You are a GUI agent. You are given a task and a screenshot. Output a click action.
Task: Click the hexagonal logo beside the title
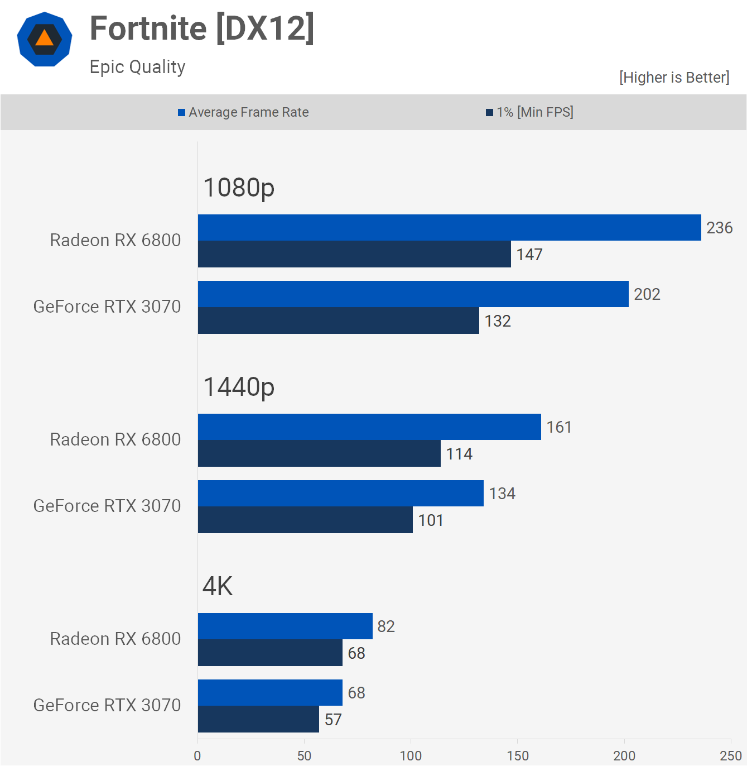coord(45,39)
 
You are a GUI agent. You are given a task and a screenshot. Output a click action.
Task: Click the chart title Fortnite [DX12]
coord(202,28)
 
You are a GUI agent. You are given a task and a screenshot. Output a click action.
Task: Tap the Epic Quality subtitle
coord(137,67)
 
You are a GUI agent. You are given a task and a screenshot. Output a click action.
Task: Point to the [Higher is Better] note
coord(674,77)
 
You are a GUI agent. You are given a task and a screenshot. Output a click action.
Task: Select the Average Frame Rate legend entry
coord(243,112)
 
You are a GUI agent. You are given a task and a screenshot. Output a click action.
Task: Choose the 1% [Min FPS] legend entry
coord(529,112)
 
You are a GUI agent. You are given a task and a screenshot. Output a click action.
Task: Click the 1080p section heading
coord(239,188)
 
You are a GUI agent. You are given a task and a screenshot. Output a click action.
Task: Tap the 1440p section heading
coord(239,387)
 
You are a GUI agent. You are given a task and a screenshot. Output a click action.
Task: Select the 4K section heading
coord(218,586)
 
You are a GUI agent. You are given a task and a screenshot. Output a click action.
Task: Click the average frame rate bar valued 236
coord(449,228)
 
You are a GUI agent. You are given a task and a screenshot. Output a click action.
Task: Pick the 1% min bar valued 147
coord(354,254)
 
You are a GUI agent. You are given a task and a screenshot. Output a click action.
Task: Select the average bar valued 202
coord(413,294)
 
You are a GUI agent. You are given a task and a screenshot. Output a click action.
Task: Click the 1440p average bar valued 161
coord(369,427)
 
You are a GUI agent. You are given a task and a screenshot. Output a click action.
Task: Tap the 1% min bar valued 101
coord(305,520)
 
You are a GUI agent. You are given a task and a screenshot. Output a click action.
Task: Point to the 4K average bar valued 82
coord(285,626)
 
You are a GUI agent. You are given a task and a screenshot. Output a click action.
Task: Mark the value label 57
coord(333,720)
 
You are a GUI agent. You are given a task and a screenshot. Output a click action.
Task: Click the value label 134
coord(502,494)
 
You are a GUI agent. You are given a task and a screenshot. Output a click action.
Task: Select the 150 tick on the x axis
coord(518,755)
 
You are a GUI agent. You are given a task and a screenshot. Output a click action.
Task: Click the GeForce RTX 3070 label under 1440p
coord(107,506)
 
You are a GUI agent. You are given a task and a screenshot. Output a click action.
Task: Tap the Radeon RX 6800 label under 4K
coord(115,639)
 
